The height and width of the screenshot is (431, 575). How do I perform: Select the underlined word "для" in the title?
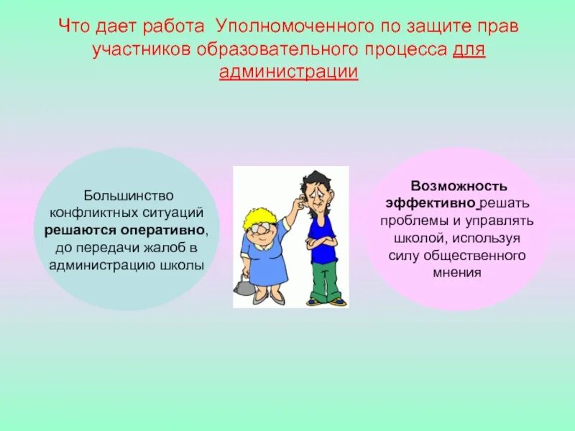pyautogui.click(x=469, y=50)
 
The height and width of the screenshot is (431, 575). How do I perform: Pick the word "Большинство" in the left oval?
pyautogui.click(x=126, y=195)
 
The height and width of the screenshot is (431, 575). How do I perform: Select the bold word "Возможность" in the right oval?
pyautogui.click(x=459, y=186)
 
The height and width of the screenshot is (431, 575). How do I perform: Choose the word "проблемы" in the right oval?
pyautogui.click(x=409, y=221)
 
